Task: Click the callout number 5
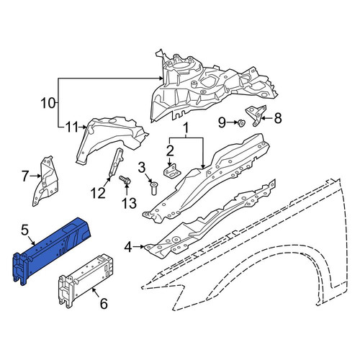[x=24, y=230]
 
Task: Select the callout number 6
[x=104, y=304]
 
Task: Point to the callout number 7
[x=25, y=176]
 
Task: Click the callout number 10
[x=48, y=103]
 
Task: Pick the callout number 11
[x=72, y=127]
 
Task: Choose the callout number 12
[x=98, y=193]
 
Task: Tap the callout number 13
[x=130, y=203]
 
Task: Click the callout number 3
[x=142, y=167]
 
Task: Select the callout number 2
[x=170, y=150]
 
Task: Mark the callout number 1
[x=186, y=128]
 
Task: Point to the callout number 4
[x=128, y=247]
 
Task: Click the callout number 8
[x=278, y=118]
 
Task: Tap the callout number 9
[x=222, y=122]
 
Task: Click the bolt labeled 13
[x=125, y=180]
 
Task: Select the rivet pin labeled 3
[x=153, y=188]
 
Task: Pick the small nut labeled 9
[x=240, y=122]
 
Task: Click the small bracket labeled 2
[x=172, y=171]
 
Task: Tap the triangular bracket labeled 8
[x=256, y=114]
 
